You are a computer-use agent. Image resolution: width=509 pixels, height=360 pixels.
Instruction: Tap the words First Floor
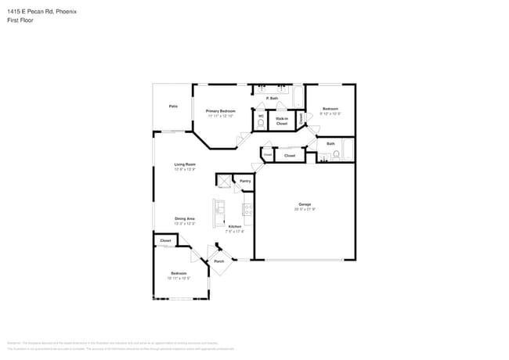[x=16, y=20]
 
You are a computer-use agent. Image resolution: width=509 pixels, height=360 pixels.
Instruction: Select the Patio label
[x=172, y=106]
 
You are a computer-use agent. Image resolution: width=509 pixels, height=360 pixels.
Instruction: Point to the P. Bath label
[x=273, y=98]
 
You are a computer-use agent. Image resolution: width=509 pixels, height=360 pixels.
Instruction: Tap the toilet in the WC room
[x=261, y=123]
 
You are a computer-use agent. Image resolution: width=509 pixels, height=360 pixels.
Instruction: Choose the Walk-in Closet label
[x=281, y=121]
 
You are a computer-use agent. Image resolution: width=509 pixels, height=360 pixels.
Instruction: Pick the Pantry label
[x=245, y=181]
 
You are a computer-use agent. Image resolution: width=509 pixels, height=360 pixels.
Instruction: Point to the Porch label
[x=219, y=261]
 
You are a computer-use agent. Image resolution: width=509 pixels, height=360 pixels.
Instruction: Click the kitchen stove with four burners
[x=247, y=209]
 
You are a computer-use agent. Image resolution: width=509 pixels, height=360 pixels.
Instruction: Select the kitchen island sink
[x=221, y=209]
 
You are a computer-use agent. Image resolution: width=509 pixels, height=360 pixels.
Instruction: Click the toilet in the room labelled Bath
[x=336, y=155]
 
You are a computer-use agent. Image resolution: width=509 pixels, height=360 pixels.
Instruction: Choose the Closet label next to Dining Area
[x=165, y=240]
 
